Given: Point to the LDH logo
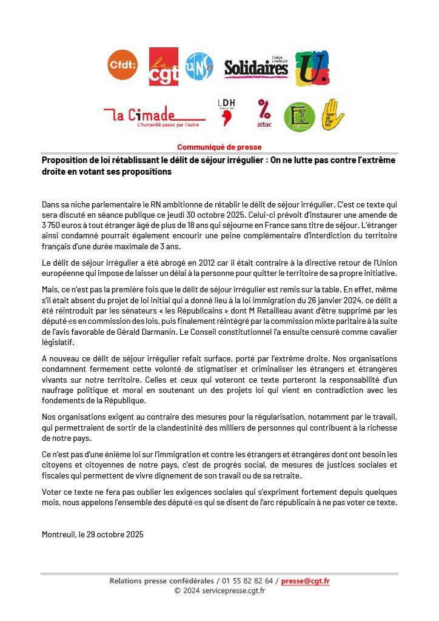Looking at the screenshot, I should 226,112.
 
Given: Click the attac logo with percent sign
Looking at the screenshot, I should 264,113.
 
